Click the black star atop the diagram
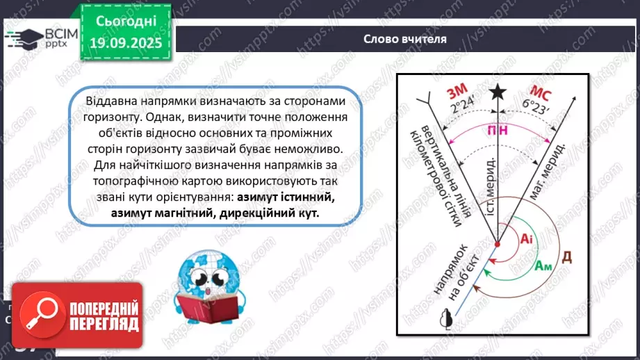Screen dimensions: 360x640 tap(498, 92)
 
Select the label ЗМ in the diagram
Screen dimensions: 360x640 tap(459, 92)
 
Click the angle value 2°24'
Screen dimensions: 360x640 tap(465, 108)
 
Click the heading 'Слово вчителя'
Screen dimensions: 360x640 tap(404, 39)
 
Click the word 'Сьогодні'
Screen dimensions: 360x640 tap(126, 20)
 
